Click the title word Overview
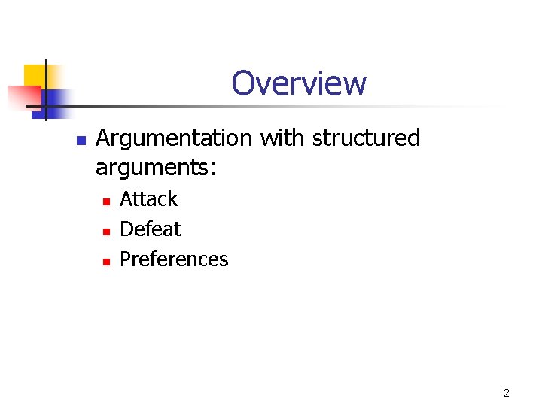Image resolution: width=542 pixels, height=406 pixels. [299, 83]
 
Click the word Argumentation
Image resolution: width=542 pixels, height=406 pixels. [174, 138]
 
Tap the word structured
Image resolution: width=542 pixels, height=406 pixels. [365, 138]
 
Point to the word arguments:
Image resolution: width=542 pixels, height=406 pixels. [156, 168]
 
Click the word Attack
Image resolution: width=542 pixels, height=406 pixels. [149, 199]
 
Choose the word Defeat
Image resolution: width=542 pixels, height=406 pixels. [151, 229]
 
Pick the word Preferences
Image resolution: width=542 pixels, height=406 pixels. [174, 259]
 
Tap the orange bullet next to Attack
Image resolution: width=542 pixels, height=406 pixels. [106, 201]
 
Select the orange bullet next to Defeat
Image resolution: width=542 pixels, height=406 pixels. [106, 231]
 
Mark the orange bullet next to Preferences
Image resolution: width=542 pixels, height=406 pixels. [106, 261]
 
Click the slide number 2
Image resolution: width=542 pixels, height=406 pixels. [506, 393]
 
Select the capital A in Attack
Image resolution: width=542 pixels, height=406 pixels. [126, 199]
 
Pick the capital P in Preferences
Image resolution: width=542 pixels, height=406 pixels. [126, 259]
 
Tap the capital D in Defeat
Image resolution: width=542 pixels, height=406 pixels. [126, 229]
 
